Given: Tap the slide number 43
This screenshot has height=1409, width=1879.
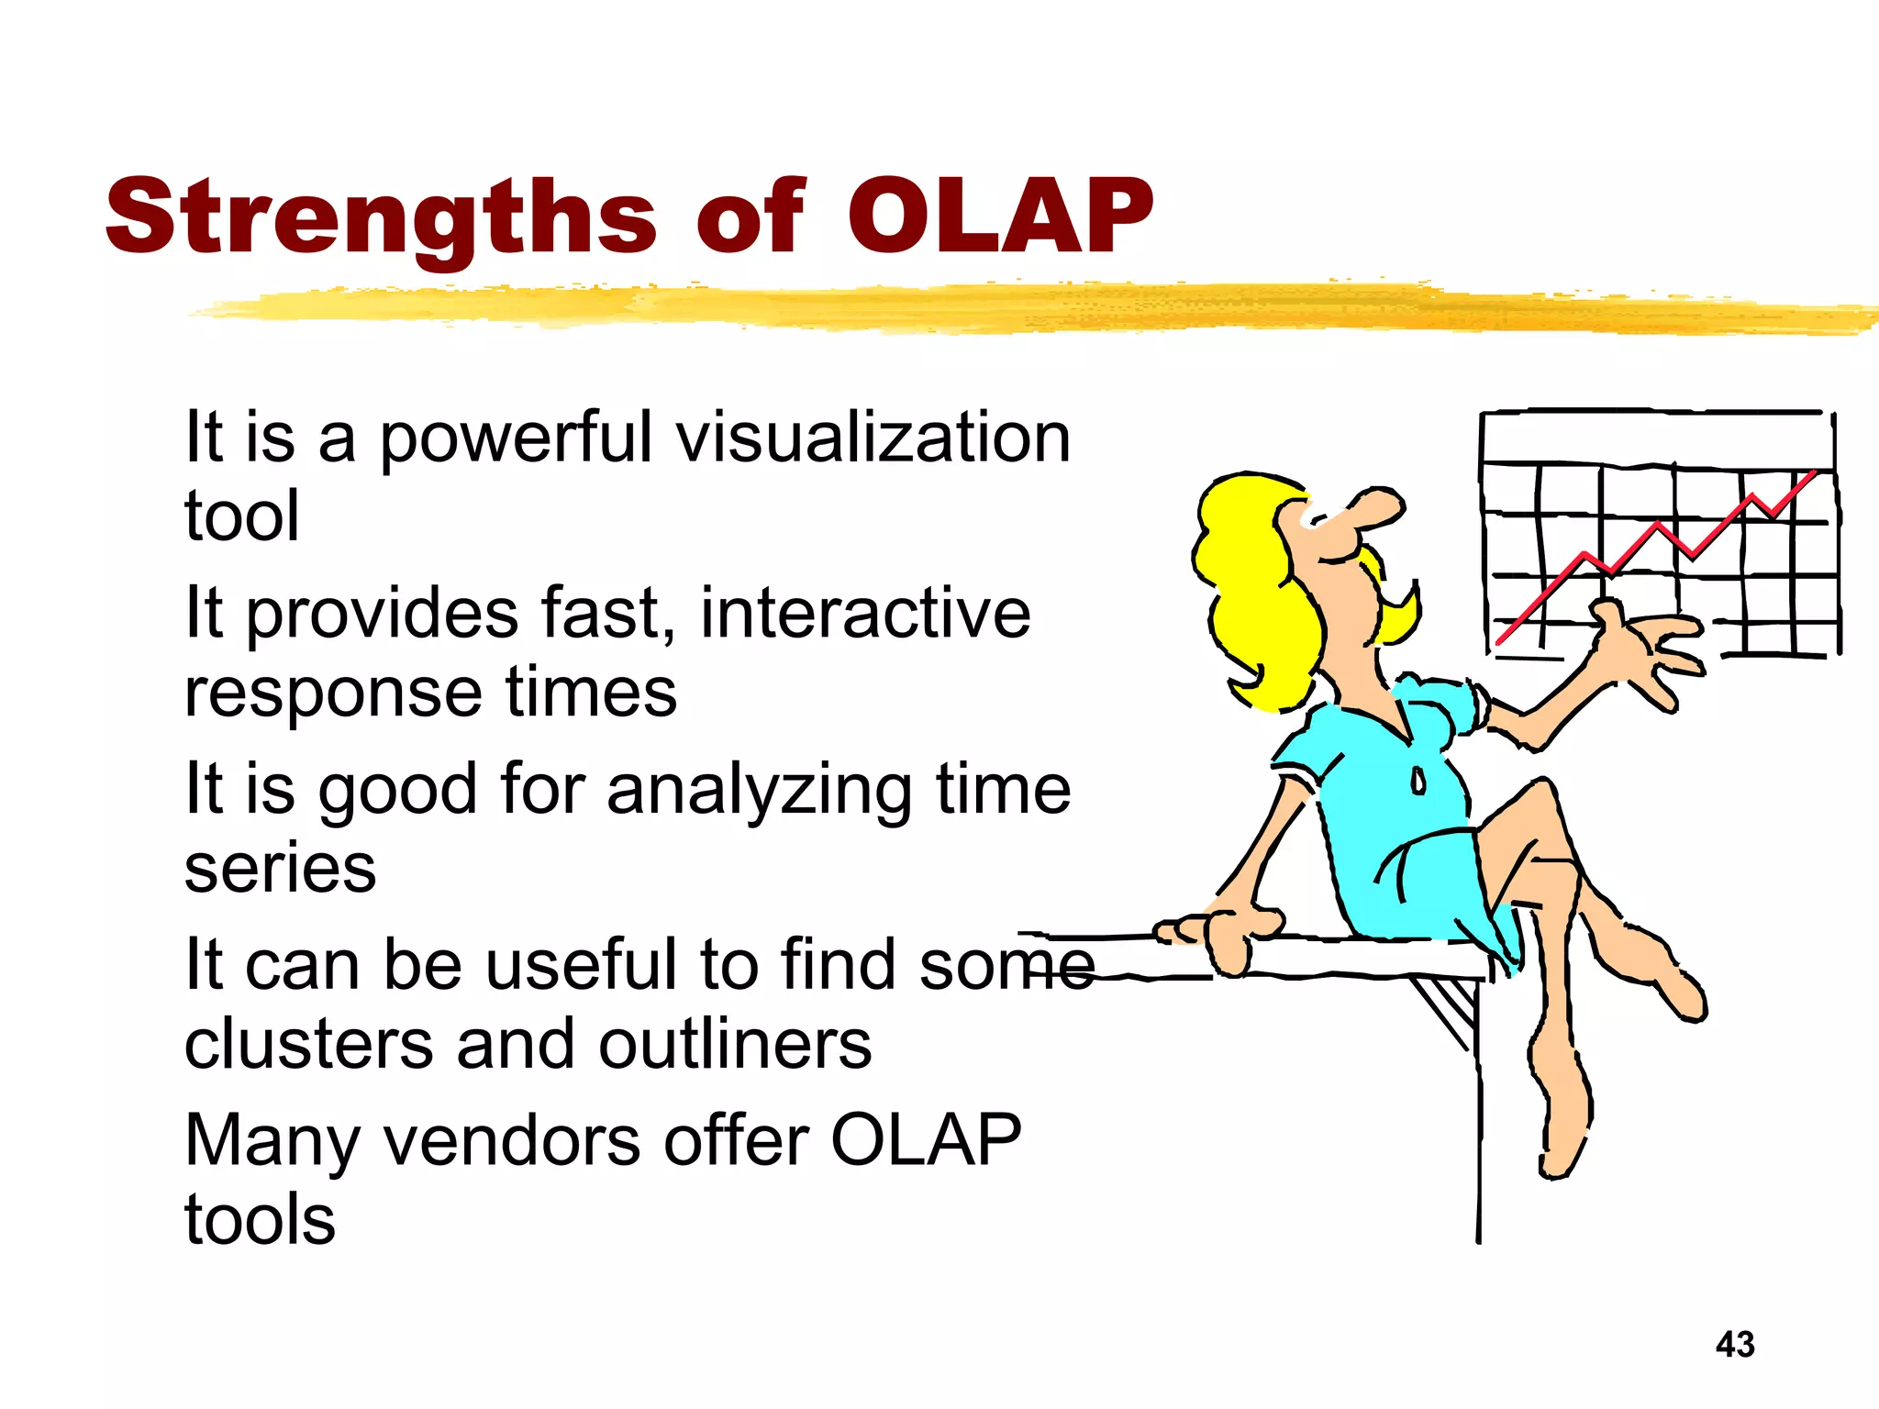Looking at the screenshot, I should click(1735, 1345).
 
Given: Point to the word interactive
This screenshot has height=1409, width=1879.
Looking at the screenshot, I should click(865, 613).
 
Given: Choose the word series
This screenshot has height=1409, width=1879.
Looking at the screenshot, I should click(280, 868).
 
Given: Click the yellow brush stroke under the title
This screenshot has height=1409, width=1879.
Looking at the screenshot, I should click(1009, 307).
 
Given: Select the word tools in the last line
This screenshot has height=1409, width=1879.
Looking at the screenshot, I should click(260, 1220).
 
